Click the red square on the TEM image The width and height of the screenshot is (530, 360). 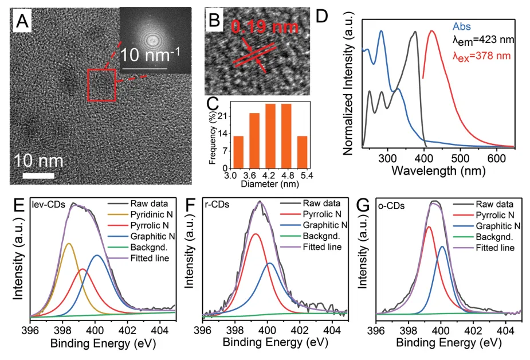click(x=101, y=85)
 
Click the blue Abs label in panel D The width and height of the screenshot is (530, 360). click(x=462, y=26)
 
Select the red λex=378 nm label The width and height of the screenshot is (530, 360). click(x=481, y=56)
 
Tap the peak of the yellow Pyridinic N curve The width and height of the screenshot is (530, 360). click(x=69, y=244)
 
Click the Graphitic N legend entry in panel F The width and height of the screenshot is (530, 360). click(x=324, y=225)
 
